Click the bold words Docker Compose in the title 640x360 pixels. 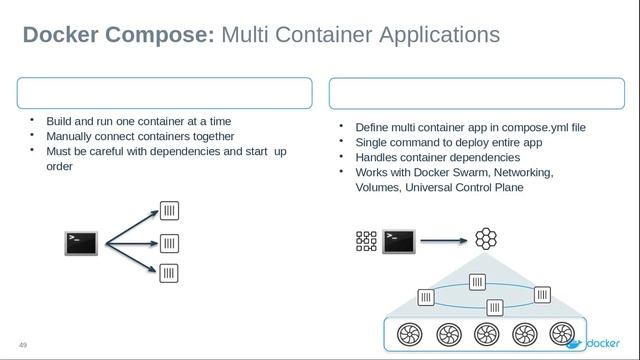tap(118, 35)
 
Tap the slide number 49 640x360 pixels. tap(23, 346)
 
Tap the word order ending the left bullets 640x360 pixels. tap(59, 166)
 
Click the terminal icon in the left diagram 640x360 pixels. tap(81, 243)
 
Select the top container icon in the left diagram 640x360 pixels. tap(170, 211)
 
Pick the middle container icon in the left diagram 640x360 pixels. tap(170, 243)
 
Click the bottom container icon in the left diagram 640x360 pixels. tap(170, 273)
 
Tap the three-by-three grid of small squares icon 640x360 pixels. tap(366, 240)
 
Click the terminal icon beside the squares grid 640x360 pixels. tap(399, 240)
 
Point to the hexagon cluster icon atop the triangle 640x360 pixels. tap(485, 239)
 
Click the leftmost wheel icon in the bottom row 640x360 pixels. tap(409, 333)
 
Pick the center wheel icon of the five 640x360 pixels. tap(486, 333)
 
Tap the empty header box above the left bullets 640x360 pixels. tap(164, 93)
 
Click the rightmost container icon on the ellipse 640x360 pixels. tap(542, 294)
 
